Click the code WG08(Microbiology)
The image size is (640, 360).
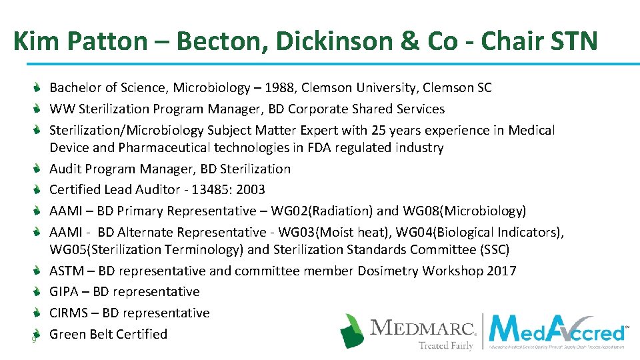(465, 211)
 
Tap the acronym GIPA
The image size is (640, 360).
(65, 292)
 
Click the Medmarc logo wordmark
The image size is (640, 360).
(423, 328)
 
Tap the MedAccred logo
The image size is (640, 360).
(557, 331)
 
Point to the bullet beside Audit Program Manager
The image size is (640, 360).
(39, 169)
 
